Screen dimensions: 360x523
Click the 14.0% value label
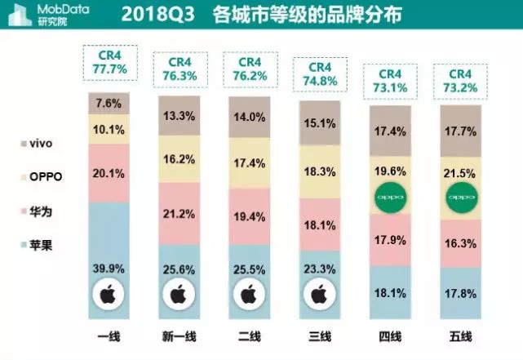[250, 117]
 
